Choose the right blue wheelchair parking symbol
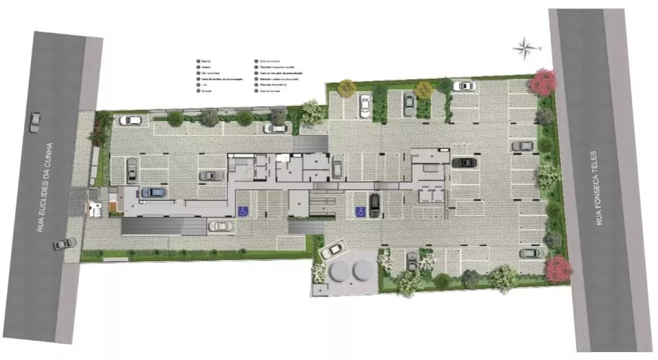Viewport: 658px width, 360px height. coord(360,211)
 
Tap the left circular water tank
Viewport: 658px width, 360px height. coord(340,269)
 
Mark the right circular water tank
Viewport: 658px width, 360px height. coord(363,269)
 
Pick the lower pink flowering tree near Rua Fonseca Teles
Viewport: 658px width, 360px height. coord(558,269)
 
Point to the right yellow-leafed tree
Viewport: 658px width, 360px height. coord(424,90)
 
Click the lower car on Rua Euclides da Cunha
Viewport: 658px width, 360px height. coord(64,244)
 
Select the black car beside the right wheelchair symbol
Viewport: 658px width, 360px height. coord(374,205)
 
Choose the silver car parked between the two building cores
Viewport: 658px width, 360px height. coord(337,167)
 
